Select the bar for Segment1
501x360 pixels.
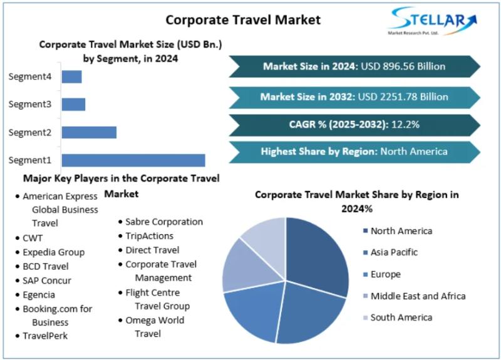(133, 160)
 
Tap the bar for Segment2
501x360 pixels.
(89, 132)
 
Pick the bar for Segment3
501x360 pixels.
(73, 105)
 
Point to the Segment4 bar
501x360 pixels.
(71, 77)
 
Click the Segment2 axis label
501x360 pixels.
(29, 132)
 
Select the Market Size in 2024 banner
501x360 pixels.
(354, 66)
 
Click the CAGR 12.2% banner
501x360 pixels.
(354, 124)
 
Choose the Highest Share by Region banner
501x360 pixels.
(354, 151)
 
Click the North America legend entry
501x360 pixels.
(401, 231)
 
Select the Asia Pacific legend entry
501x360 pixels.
(394, 252)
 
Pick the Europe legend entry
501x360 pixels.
(385, 274)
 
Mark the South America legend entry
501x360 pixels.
(401, 317)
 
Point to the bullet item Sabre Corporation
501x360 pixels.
(163, 222)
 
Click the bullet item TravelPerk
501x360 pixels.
(45, 336)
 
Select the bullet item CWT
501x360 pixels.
(33, 238)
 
